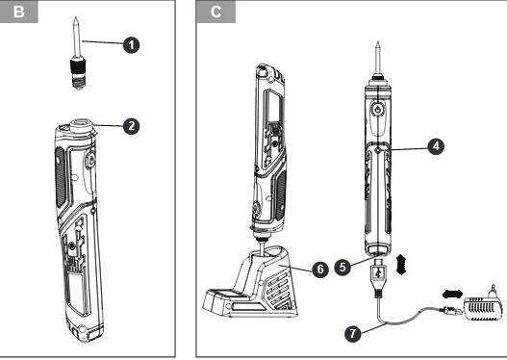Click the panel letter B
pos(18,12)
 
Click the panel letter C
pos(215,12)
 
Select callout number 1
pos(131,44)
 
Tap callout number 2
pos(131,126)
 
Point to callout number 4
pos(436,146)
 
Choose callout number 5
pos(342,268)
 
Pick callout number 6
pos(320,270)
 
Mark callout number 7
pos(352,333)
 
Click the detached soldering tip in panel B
pos(76,53)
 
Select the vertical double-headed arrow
pos(400,265)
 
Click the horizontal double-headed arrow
pos(453,294)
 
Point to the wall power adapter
pos(484,305)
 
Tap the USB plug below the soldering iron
pos(378,276)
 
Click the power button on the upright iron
pos(378,110)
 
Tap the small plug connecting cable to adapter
pos(450,311)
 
